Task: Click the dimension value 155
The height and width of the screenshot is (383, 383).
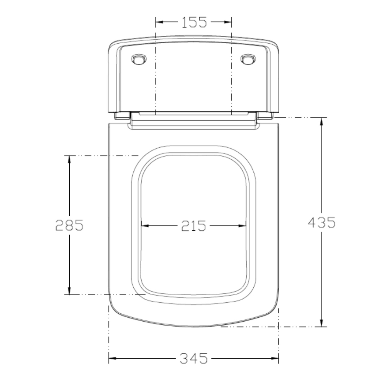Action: click(x=194, y=21)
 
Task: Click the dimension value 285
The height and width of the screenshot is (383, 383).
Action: click(x=69, y=225)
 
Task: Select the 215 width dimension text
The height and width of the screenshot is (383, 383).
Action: click(x=193, y=225)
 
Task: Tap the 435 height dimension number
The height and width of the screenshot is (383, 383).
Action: click(x=322, y=222)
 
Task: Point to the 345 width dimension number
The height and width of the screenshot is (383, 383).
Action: click(x=193, y=359)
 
